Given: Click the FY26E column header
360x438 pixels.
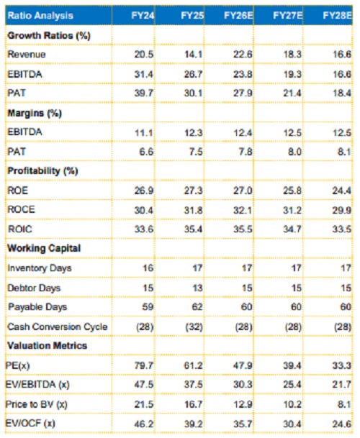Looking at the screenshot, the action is (238, 15).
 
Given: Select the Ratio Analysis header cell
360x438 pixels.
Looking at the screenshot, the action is (40, 15).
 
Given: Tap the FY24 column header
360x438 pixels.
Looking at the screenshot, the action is (143, 15).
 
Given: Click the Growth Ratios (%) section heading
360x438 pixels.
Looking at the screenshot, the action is (49, 35).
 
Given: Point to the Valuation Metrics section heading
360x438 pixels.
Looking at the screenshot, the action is (48, 346).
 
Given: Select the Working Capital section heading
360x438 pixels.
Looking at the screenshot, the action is (44, 248).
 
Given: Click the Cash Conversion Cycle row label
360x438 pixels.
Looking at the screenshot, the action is (58, 327).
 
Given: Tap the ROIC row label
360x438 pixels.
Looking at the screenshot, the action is (20, 229).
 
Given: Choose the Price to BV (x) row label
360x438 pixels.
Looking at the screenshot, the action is (37, 404).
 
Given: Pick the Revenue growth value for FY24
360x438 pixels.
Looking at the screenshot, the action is (144, 54).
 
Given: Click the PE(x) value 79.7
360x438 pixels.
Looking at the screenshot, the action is (144, 365).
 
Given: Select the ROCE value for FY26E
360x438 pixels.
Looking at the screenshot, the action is (243, 210).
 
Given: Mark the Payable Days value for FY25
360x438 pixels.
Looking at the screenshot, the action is (197, 307).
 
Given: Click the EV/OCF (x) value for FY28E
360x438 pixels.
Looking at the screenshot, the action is (342, 424).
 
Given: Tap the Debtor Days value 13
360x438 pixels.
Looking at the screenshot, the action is (197, 288).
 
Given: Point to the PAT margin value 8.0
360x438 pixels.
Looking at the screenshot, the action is (294, 152).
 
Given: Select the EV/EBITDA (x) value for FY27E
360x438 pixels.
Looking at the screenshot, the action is (292, 385).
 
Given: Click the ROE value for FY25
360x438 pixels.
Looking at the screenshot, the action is (193, 191).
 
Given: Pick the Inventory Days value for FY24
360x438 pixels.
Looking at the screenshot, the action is (148, 268).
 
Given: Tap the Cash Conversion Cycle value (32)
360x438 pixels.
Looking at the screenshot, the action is (194, 327).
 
